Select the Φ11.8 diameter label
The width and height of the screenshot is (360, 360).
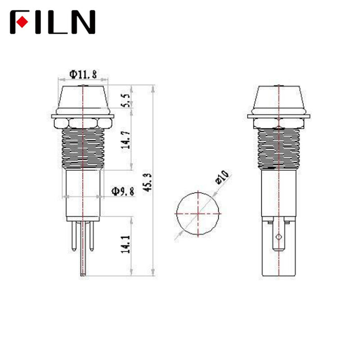point(83,75)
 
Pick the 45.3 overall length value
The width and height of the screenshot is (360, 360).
point(147,182)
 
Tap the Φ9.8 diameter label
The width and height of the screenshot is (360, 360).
point(123,191)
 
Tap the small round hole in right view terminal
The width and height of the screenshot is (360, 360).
point(279,236)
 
